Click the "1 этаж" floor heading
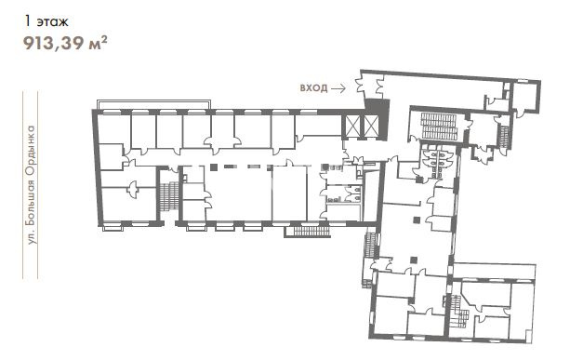tap(46, 21)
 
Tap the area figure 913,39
tap(54, 44)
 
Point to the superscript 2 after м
tap(104, 39)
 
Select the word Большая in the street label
tap(33, 202)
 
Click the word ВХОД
tap(313, 88)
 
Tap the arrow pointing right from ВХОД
tap(338, 88)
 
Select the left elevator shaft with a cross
tap(353, 126)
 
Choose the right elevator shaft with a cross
tap(370, 126)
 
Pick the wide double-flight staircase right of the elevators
tap(438, 127)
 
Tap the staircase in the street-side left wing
tap(169, 195)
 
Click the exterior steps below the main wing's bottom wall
tap(311, 232)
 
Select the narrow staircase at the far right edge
tap(504, 137)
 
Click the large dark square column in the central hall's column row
tap(214, 167)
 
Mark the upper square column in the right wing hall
tap(417, 220)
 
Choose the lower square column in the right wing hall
tap(414, 260)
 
